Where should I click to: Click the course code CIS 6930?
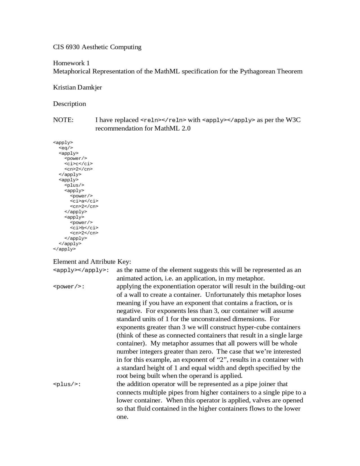(66, 47)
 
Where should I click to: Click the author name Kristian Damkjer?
(77, 88)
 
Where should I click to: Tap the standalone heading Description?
(69, 104)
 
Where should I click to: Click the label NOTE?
(63, 120)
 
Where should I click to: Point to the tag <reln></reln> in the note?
(163, 120)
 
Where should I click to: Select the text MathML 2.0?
(172, 129)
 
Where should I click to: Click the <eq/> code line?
(66, 148)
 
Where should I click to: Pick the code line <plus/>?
(74, 185)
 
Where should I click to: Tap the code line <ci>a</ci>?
(84, 201)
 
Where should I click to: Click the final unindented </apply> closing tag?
(64, 249)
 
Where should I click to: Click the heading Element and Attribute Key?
(92, 262)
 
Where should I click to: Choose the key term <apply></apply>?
(81, 270)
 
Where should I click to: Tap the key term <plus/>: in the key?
(67, 384)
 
